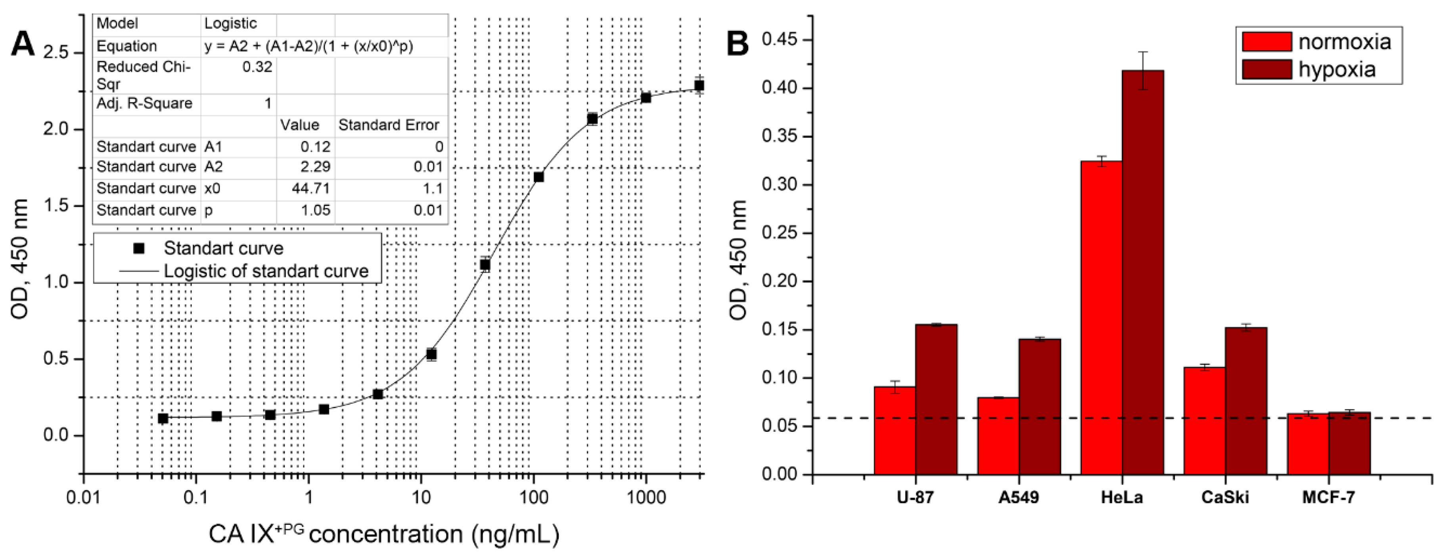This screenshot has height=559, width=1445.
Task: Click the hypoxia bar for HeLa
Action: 1143,272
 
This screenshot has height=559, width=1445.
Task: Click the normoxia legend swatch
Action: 1267,42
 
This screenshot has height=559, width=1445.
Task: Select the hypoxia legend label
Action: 1337,69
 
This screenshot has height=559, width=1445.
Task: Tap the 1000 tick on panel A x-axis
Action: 646,497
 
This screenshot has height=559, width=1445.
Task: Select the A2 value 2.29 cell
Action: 316,166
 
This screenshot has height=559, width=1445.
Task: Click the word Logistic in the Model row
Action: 230,23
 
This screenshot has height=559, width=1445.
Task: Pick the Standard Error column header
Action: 388,125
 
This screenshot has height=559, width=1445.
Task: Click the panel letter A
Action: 23,44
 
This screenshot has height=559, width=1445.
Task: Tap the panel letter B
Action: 738,44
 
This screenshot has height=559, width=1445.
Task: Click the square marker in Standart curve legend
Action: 138,248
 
